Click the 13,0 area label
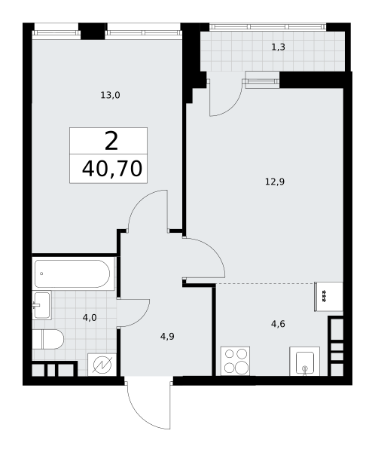(110, 95)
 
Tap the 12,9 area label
(275, 182)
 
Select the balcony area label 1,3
(279, 47)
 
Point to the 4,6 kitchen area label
(278, 324)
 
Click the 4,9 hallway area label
(167, 337)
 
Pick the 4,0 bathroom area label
(90, 318)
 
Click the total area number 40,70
(112, 169)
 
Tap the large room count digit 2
(111, 142)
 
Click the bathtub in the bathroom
(72, 274)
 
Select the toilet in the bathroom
(47, 339)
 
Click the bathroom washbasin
(41, 305)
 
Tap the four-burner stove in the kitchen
(235, 361)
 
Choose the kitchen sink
(305, 361)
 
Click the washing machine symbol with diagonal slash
(102, 365)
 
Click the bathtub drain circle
(41, 273)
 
